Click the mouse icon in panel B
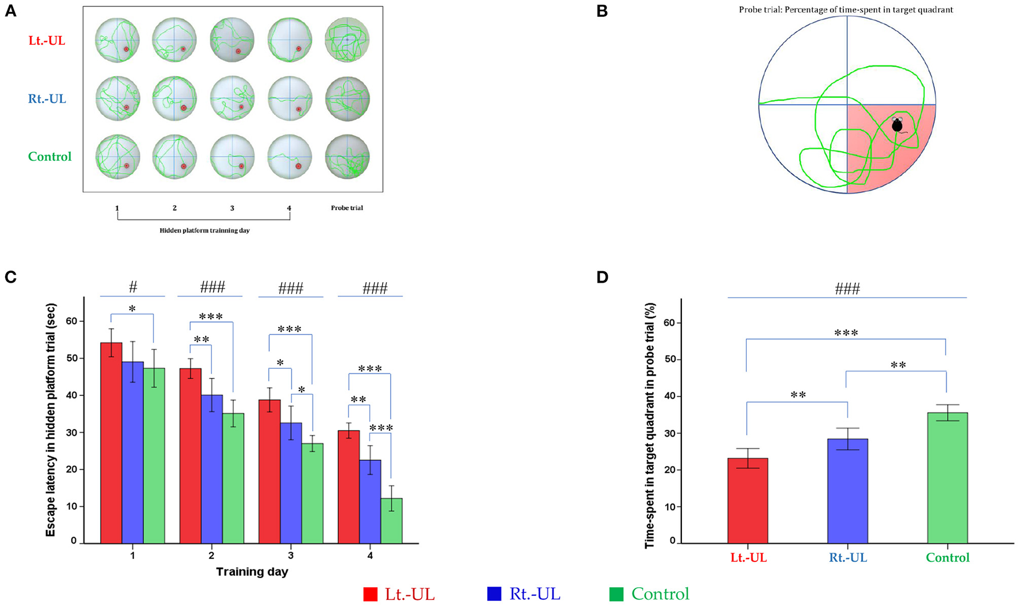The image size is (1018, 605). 897,125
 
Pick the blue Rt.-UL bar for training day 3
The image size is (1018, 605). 291,483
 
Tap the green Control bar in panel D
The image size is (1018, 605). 947,477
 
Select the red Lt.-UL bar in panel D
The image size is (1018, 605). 747,500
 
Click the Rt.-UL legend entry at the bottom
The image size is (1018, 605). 524,594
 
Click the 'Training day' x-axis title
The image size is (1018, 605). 252,572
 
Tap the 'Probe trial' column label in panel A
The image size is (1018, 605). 346,207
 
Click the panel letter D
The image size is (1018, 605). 601,277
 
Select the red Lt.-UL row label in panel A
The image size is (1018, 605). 47,41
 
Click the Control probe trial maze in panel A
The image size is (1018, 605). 347,156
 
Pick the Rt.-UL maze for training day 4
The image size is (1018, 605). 290,98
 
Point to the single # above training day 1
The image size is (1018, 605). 133,287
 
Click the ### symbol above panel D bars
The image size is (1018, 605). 847,288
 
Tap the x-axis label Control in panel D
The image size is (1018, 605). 947,557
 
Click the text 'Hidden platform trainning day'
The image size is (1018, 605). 204,230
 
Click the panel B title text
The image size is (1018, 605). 846,10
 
